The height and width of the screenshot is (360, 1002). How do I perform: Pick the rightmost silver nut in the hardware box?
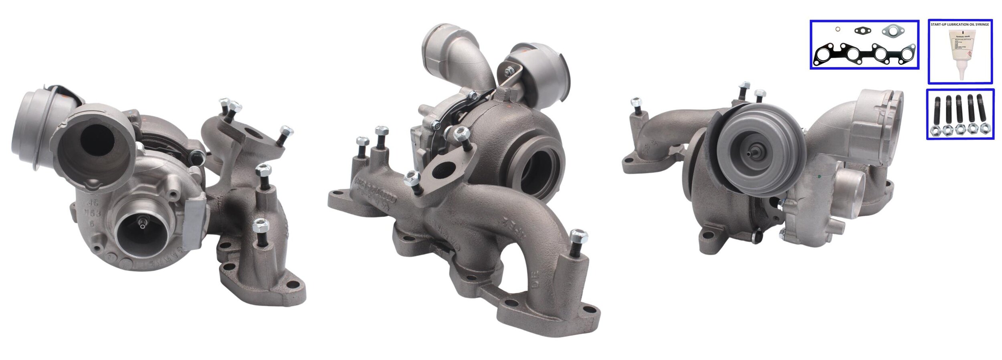[x=984, y=129]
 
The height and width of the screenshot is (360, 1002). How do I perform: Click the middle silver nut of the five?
[x=960, y=129]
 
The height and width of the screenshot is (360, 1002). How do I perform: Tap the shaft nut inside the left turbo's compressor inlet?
[x=142, y=223]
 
